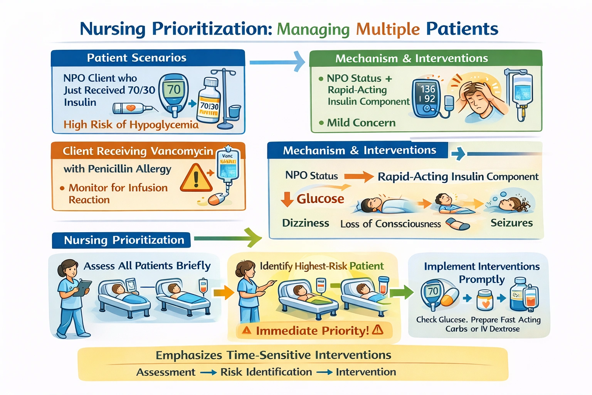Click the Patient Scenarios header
click(x=136, y=58)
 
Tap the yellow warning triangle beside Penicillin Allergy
click(x=196, y=178)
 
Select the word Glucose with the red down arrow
click(x=320, y=199)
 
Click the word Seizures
click(x=511, y=223)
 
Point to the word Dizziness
click(x=306, y=223)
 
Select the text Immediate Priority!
click(x=312, y=331)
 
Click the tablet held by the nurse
click(x=82, y=288)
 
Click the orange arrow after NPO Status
click(x=358, y=177)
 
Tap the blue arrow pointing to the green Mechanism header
click(x=277, y=62)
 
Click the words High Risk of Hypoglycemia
click(x=131, y=125)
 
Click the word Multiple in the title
click(x=387, y=29)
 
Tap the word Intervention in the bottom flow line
click(x=366, y=372)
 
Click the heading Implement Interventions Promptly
click(x=481, y=272)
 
